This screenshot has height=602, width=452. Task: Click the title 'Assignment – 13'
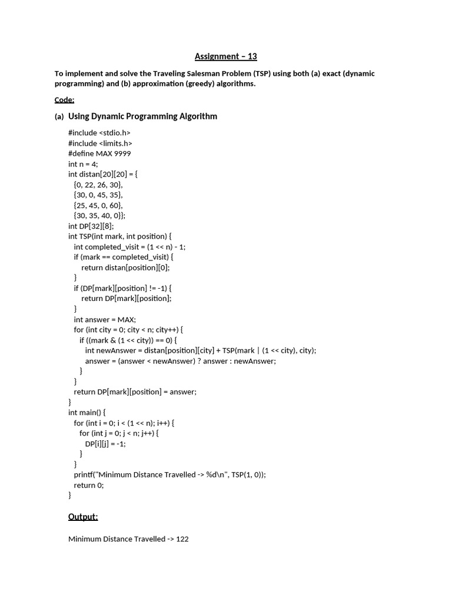click(x=225, y=56)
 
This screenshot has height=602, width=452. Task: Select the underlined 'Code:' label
click(x=64, y=99)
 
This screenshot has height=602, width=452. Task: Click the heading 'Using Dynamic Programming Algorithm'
click(x=142, y=116)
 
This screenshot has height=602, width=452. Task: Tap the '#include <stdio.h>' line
click(x=99, y=133)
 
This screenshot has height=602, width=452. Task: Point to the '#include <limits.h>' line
click(x=100, y=143)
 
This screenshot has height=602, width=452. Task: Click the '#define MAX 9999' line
click(x=99, y=153)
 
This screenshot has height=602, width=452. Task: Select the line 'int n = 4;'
click(x=83, y=164)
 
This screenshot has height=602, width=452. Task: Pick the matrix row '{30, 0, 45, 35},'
click(x=98, y=195)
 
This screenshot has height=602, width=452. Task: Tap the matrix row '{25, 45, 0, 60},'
click(x=98, y=205)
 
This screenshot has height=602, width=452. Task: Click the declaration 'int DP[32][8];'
click(x=91, y=226)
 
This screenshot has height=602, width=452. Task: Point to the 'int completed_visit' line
click(x=129, y=247)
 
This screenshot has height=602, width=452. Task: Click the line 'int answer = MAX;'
click(x=105, y=319)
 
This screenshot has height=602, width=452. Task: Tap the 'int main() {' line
click(x=87, y=413)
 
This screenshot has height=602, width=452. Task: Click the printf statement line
click(x=169, y=474)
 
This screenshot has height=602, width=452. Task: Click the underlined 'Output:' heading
click(x=83, y=517)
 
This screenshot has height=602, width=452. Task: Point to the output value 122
click(x=182, y=539)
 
